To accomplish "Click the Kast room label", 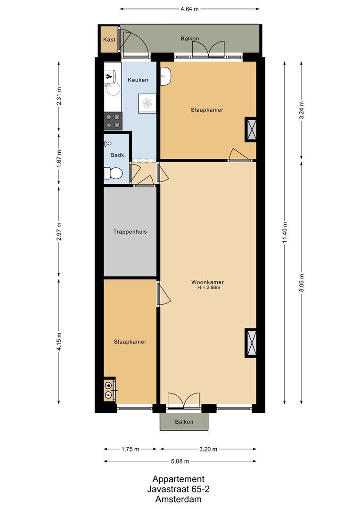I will click(x=109, y=40).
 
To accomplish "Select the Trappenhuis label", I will click(x=130, y=232).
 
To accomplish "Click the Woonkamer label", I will click(x=207, y=282).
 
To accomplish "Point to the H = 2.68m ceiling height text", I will click(x=209, y=287).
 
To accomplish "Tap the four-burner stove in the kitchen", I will click(x=113, y=121).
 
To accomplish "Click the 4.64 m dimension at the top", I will click(x=190, y=8).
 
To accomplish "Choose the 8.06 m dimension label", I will click(x=301, y=283).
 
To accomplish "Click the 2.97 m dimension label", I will click(x=59, y=231).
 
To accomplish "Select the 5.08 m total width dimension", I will click(x=180, y=461).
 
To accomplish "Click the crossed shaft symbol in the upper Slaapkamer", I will click(x=251, y=129).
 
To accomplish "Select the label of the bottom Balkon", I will click(x=184, y=422).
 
